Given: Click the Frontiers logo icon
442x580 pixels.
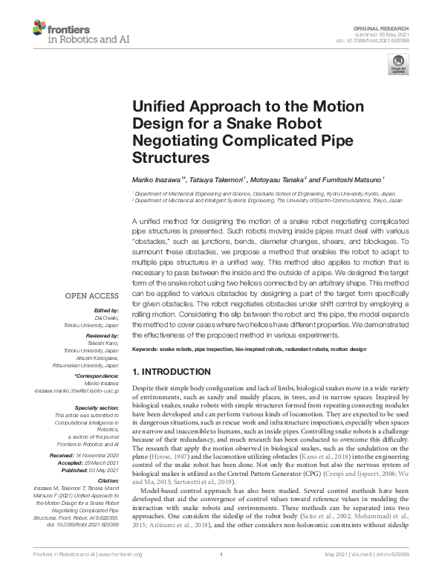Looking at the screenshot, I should [39, 29].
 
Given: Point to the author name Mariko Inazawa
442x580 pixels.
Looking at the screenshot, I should [157, 179].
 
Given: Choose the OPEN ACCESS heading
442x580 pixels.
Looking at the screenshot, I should [91, 295].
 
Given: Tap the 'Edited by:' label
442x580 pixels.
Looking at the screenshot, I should [106, 310].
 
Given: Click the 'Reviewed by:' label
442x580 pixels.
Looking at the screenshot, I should [103, 336].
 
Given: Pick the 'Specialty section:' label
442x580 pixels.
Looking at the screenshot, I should [97, 407].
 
